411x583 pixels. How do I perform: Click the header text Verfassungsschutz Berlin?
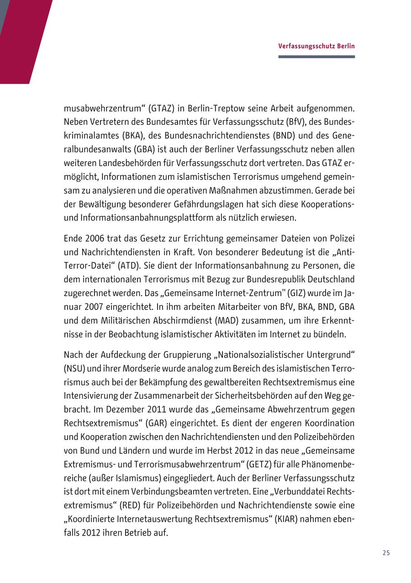[x=316, y=46]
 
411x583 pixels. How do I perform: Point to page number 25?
[x=386, y=553]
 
